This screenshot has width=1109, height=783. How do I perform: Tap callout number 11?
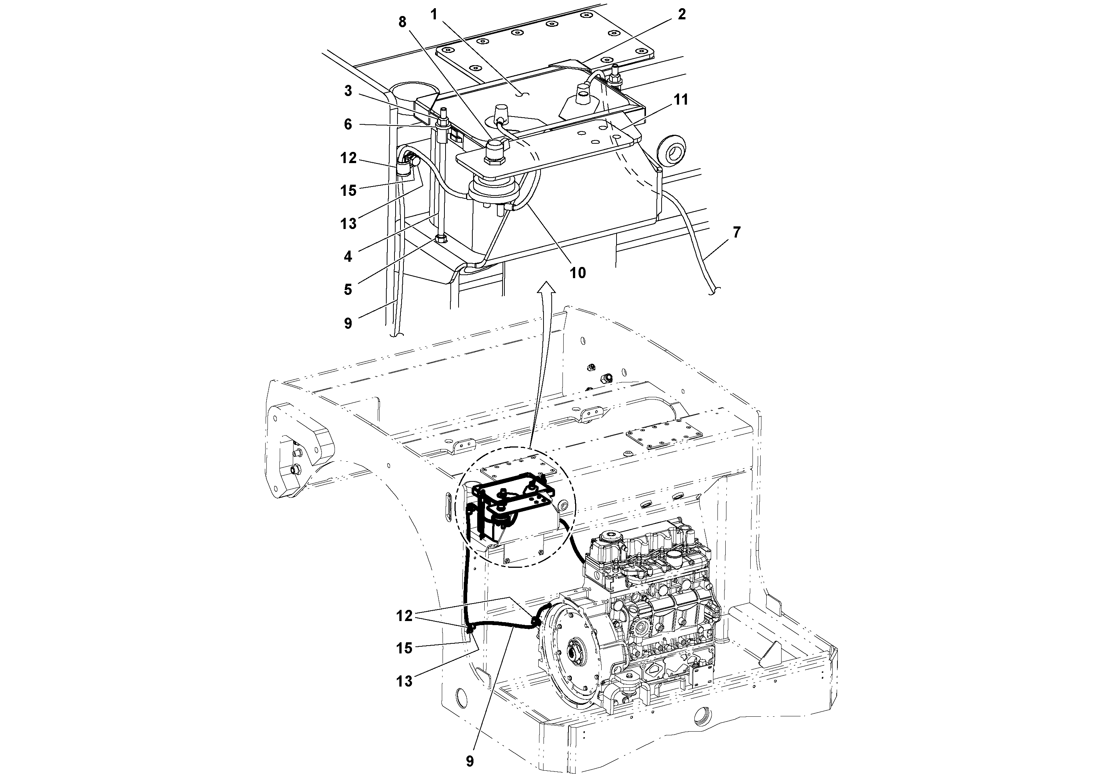coord(681,100)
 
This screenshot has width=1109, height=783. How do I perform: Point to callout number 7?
coord(736,232)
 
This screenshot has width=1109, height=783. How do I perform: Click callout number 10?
coord(578,273)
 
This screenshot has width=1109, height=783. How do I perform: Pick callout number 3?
coord(348,91)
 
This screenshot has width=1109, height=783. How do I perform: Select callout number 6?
coord(348,125)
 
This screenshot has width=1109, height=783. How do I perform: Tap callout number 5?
coord(348,290)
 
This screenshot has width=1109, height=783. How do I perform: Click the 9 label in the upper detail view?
coord(348,323)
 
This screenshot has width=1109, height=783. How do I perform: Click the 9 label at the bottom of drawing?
coord(469,761)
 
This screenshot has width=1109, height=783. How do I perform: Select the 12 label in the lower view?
coord(404,615)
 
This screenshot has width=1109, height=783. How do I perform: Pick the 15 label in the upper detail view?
coord(348,191)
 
